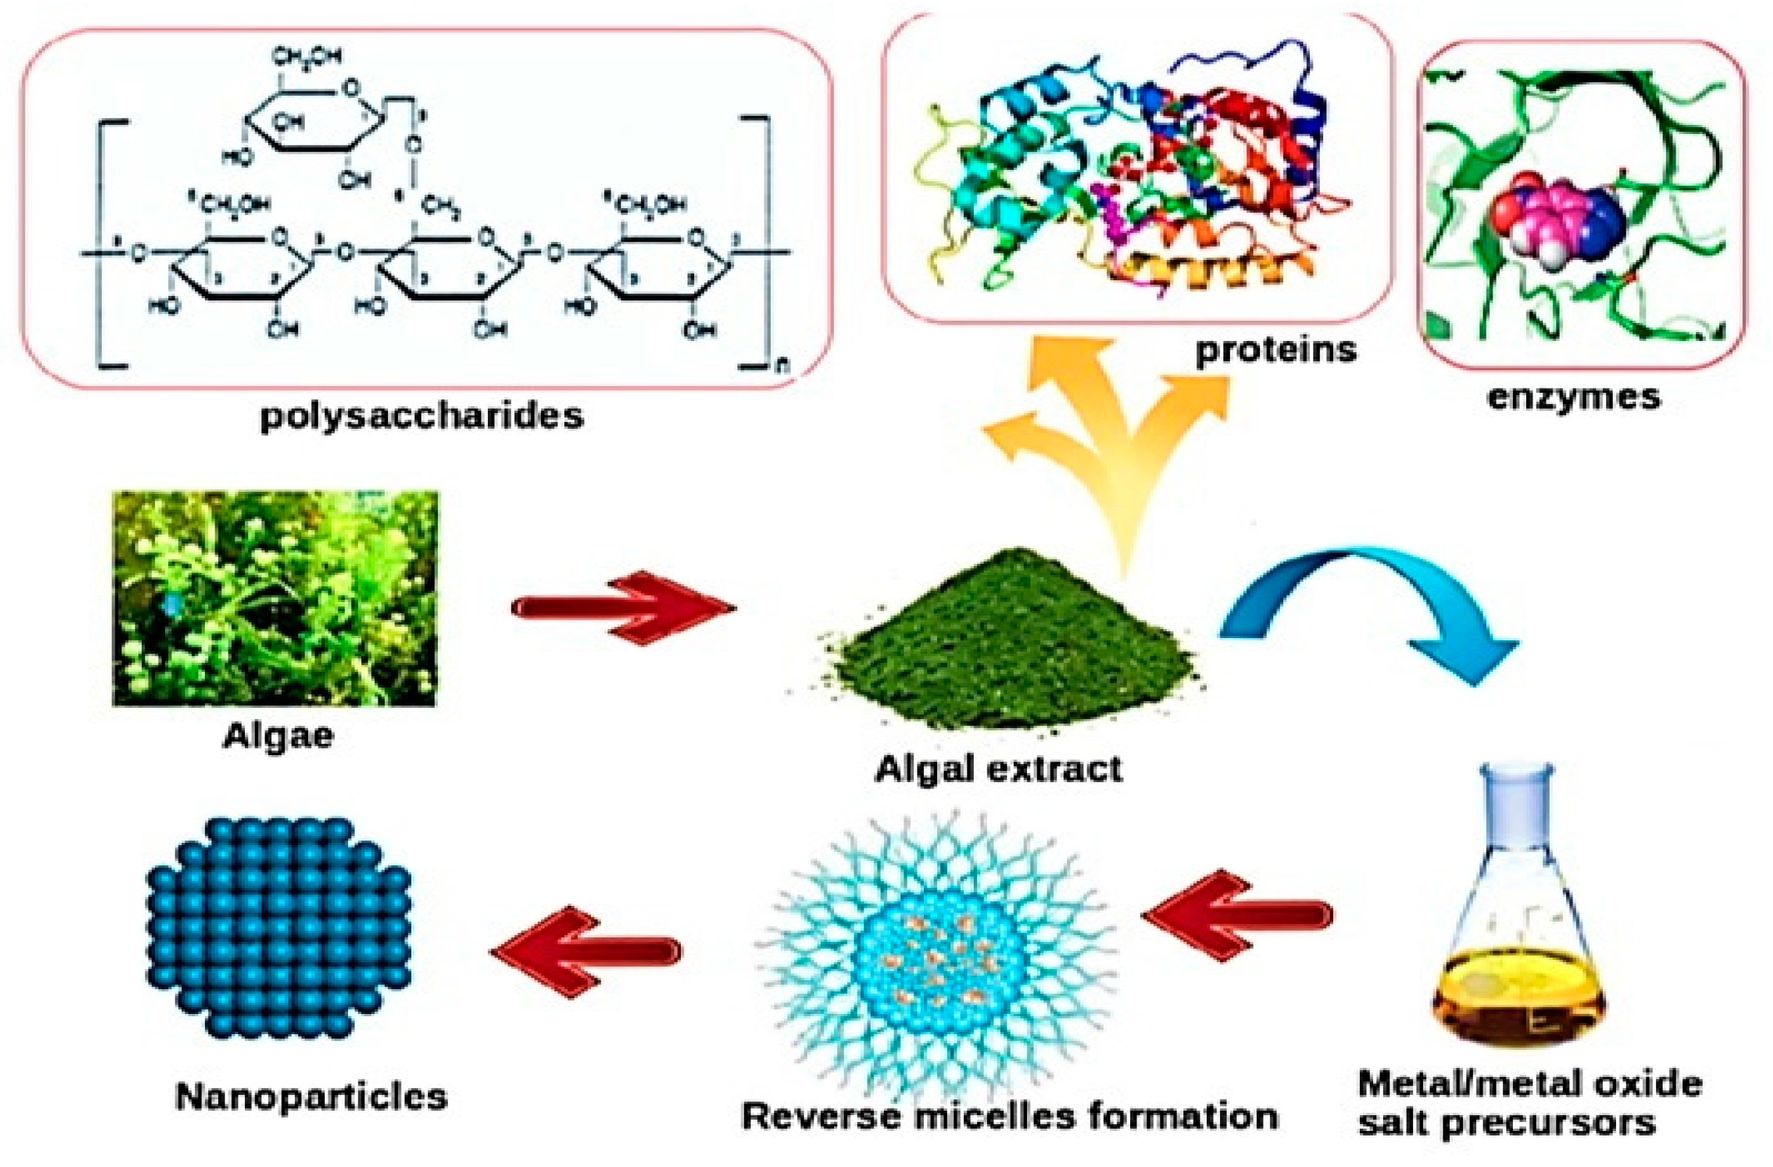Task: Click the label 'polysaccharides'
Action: (x=421, y=416)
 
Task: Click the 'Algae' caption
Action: (x=278, y=736)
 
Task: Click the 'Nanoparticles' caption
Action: (x=311, y=1096)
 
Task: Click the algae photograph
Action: (x=275, y=598)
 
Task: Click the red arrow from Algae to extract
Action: (x=622, y=608)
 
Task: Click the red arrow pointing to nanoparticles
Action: (x=585, y=950)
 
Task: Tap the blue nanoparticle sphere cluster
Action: (x=278, y=927)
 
